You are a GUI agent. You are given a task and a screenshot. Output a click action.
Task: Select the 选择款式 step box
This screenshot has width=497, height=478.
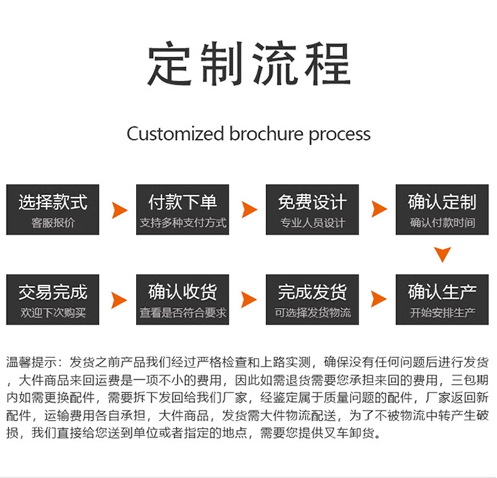(53, 210)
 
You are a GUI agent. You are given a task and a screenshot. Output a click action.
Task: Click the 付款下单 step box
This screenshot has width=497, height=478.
(182, 210)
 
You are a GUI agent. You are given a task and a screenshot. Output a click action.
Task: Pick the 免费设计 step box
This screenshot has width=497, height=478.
(312, 210)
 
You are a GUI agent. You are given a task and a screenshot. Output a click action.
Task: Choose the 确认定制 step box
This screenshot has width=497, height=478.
(442, 210)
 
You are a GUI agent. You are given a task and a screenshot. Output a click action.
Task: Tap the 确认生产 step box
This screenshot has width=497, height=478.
(442, 300)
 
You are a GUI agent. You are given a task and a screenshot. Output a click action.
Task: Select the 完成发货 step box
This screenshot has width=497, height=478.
(312, 300)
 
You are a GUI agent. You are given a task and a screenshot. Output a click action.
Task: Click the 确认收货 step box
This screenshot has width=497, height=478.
(182, 300)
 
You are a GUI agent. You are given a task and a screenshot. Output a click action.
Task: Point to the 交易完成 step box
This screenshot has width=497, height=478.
(53, 300)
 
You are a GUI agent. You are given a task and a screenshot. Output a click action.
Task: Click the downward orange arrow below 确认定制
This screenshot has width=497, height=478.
(443, 254)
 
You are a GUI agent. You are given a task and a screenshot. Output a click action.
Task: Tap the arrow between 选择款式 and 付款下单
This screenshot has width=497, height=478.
(119, 210)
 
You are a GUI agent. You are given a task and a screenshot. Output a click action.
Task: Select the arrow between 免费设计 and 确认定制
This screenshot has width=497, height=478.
(378, 210)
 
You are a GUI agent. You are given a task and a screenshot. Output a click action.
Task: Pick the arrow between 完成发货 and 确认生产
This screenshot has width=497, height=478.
(378, 299)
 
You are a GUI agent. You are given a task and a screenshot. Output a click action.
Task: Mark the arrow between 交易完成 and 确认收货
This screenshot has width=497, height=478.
(119, 300)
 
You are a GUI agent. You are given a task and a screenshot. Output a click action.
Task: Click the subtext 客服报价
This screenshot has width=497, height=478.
(53, 223)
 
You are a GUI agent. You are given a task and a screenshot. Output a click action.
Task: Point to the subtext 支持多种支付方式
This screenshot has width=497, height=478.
(182, 223)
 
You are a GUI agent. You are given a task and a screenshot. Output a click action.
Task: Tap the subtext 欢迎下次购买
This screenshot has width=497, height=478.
(53, 313)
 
